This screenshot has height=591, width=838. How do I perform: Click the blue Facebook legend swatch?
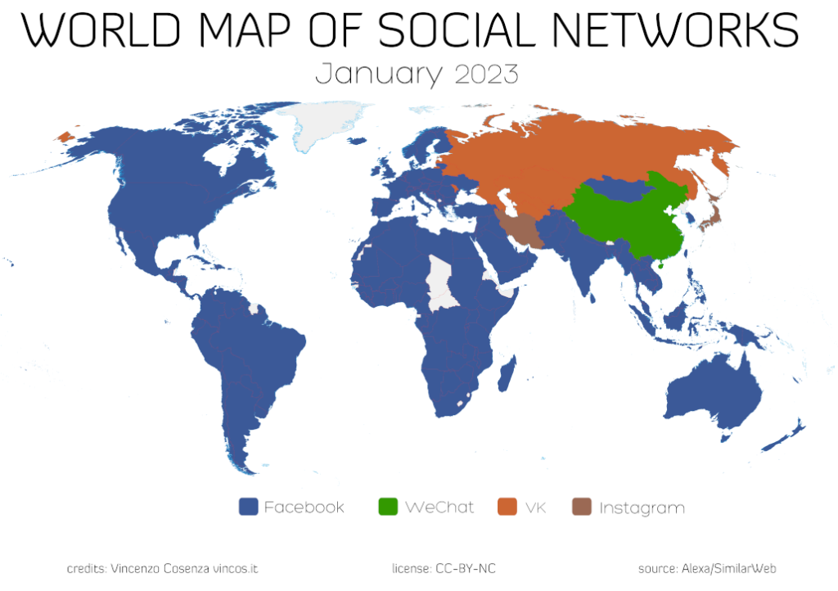tap(249, 507)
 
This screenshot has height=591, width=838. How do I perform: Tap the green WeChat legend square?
tap(388, 507)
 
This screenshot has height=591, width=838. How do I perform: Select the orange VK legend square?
tap(507, 507)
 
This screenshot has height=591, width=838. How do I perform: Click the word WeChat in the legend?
tap(439, 508)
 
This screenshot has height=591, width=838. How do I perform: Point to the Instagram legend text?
tap(642, 508)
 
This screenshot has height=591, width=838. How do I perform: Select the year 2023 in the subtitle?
tap(486, 74)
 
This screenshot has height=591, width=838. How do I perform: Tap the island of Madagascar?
tap(507, 373)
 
